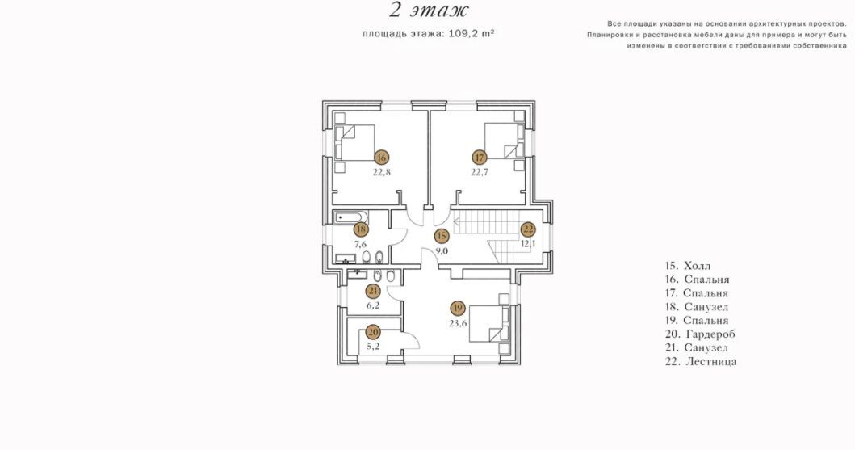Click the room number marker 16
(x=381, y=158)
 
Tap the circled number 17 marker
(x=480, y=158)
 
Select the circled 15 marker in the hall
(x=442, y=236)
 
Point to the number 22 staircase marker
(x=528, y=229)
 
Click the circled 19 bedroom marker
(x=458, y=309)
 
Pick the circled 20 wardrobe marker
(x=373, y=331)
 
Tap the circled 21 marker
(x=373, y=291)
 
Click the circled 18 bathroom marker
(x=360, y=229)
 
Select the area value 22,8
(x=382, y=172)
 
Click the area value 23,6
(x=458, y=323)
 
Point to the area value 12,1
(x=528, y=244)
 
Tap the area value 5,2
(x=373, y=346)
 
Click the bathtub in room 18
(x=350, y=218)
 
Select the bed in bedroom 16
(x=354, y=142)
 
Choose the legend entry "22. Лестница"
(x=701, y=361)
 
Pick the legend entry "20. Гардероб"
(x=700, y=334)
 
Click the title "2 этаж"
(x=430, y=10)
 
